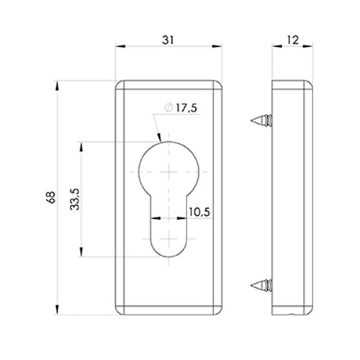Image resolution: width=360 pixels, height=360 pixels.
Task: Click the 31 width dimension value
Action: (168, 40)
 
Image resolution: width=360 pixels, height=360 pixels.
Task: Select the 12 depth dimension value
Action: (292, 40)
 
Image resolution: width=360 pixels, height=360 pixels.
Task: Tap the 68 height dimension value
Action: (51, 197)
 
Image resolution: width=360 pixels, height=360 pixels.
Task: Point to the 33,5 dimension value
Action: (75, 199)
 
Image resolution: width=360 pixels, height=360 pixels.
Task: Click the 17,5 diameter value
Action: (186, 108)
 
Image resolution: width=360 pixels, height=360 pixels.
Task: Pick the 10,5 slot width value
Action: (199, 212)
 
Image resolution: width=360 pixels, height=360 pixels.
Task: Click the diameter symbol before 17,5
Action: (168, 107)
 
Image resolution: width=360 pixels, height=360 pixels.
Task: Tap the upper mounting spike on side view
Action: (261, 120)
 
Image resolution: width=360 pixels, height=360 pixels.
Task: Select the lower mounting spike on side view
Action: (261, 285)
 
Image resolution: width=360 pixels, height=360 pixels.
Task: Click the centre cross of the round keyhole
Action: (169, 172)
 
